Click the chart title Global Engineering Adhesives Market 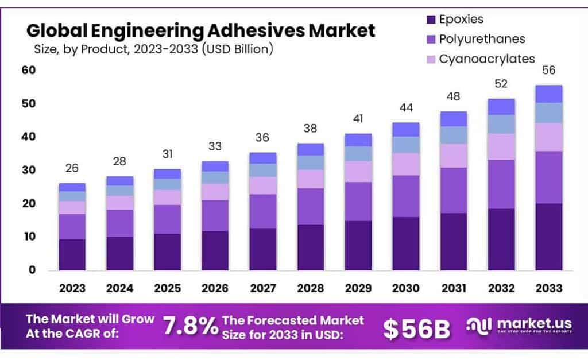coord(200,29)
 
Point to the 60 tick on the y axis coord(29,70)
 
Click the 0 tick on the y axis coord(32,270)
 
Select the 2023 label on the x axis coord(72,288)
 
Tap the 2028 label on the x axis coord(310,288)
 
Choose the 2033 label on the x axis coord(548,288)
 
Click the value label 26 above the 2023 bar coord(72,168)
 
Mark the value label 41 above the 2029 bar coord(358,119)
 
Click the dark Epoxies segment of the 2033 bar coord(548,237)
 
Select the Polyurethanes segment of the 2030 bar coord(405,196)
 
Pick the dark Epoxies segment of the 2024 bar coord(119,253)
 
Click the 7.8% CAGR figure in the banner coord(190,327)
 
